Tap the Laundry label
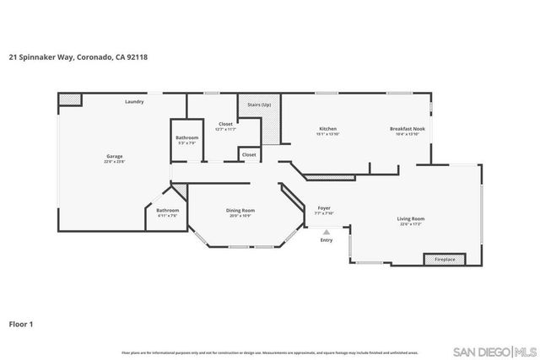133,102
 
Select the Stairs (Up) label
259,104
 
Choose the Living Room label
411,220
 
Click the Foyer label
324,208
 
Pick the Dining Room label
241,212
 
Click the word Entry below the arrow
327,241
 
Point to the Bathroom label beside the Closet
187,139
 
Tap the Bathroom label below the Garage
167,212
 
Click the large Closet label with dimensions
225,126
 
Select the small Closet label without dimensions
249,155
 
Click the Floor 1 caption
21,323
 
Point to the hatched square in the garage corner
71,99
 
